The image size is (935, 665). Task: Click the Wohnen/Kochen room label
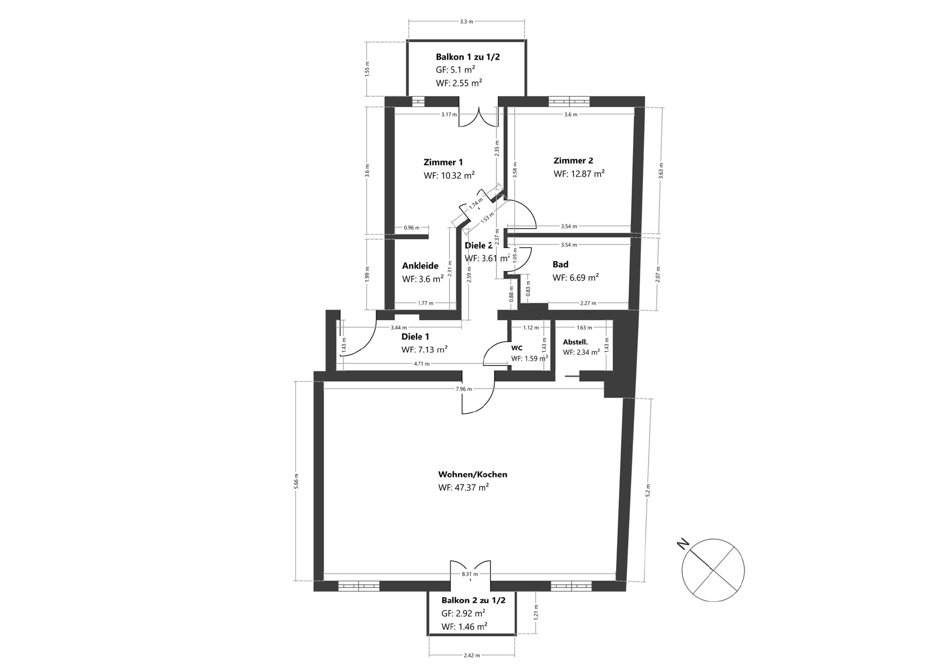click(x=472, y=474)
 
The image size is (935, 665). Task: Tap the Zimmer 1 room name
click(x=443, y=162)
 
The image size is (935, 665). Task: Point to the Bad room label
click(x=560, y=264)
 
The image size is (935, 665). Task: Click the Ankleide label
click(x=420, y=266)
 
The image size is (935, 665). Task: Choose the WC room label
click(x=517, y=348)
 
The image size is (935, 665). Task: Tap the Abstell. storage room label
click(x=575, y=342)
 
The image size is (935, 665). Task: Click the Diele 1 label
click(x=415, y=336)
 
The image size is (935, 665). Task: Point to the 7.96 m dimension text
click(x=464, y=389)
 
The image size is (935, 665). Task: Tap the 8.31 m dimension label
click(x=470, y=574)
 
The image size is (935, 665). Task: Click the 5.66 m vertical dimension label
click(x=297, y=481)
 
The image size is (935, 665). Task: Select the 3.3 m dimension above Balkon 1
click(x=467, y=21)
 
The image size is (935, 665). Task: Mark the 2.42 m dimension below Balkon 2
click(x=471, y=655)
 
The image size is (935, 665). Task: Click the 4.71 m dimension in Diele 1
click(x=421, y=363)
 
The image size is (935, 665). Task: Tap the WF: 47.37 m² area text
click(x=463, y=487)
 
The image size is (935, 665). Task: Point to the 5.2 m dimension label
click(x=648, y=490)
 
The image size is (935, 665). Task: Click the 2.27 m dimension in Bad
click(x=588, y=303)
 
